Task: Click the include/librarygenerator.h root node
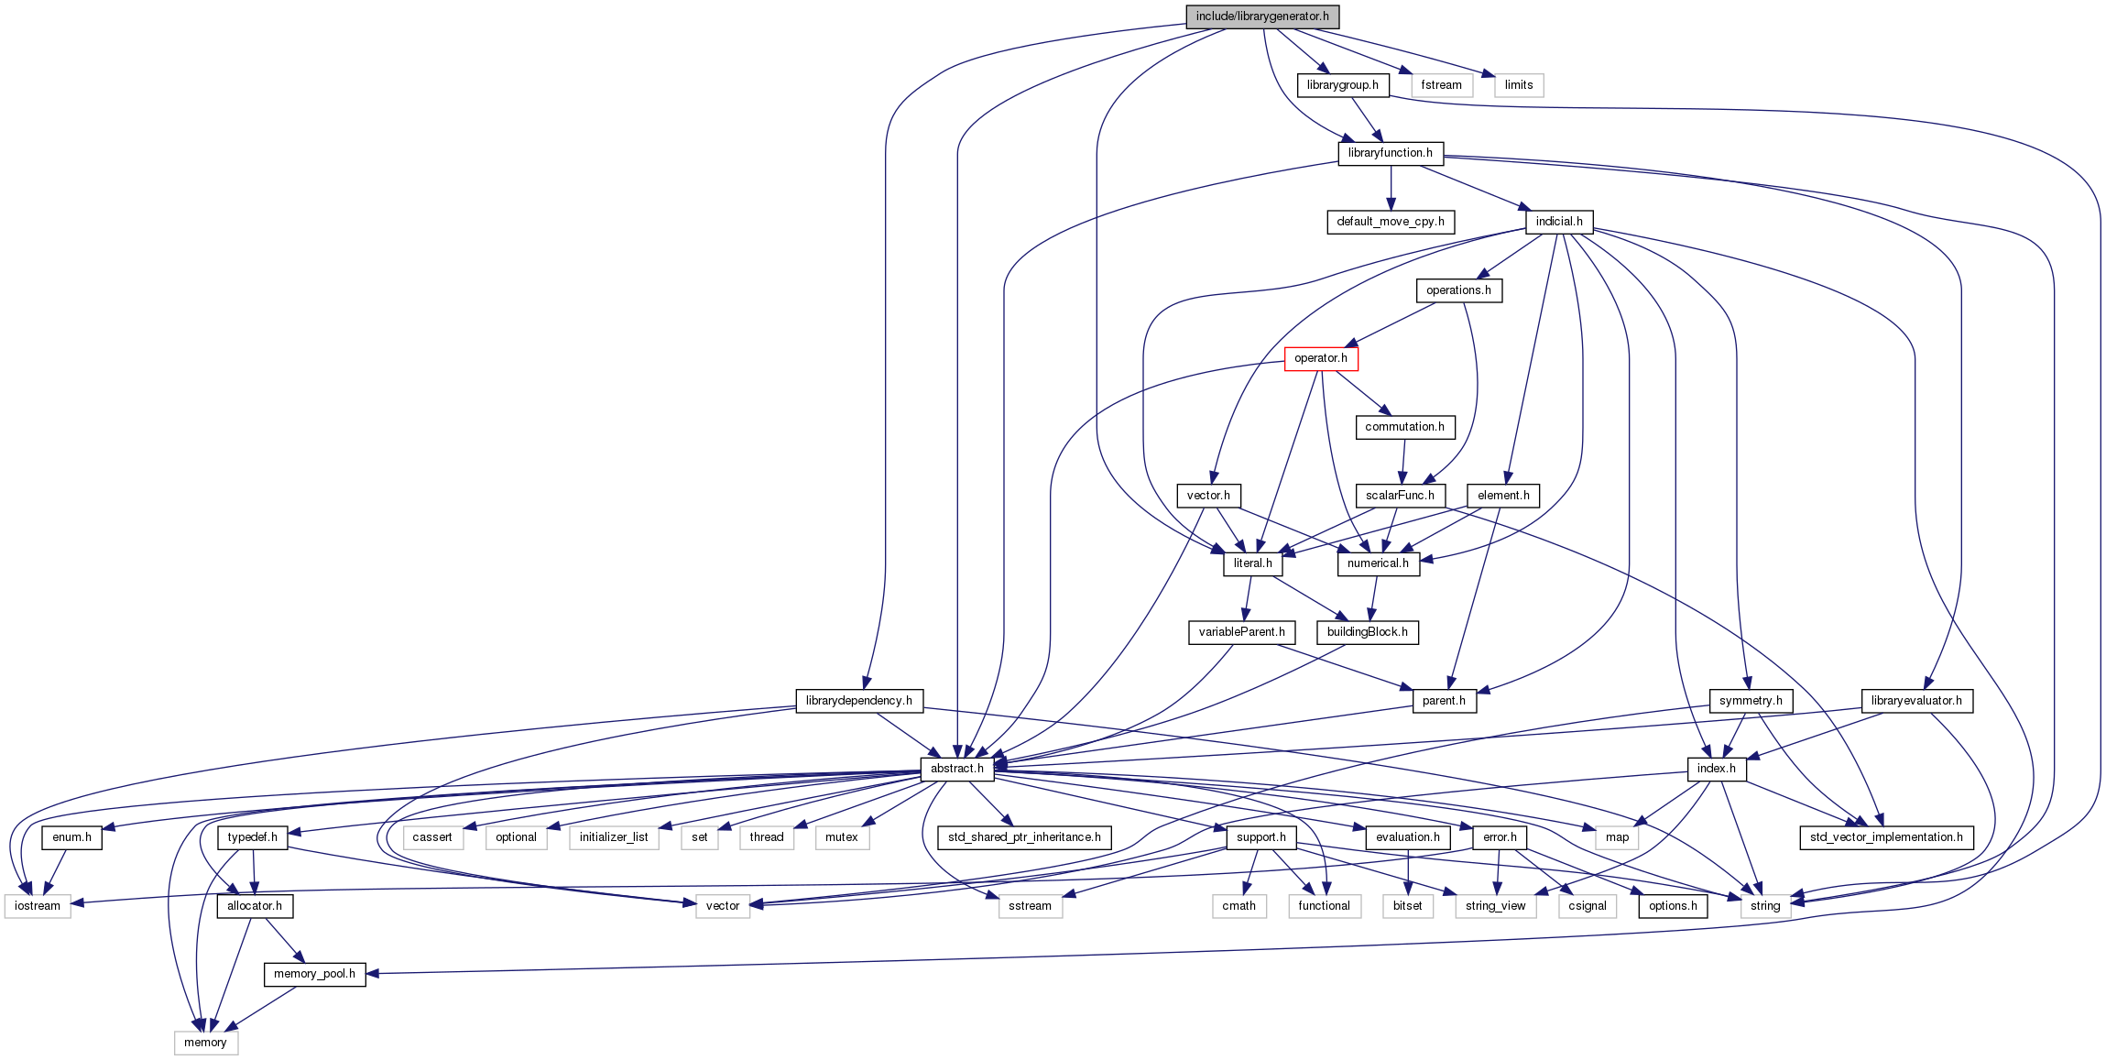click(x=1261, y=16)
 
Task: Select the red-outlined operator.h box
click(x=1320, y=358)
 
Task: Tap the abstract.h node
click(x=956, y=769)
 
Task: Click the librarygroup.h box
click(x=1342, y=85)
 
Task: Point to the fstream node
click(x=1441, y=85)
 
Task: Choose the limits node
click(x=1518, y=85)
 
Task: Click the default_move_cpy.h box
click(x=1390, y=222)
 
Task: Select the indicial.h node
click(x=1558, y=222)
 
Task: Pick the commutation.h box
click(x=1404, y=427)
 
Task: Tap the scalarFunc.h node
click(x=1400, y=496)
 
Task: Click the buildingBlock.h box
click(x=1367, y=632)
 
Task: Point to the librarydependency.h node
click(x=858, y=701)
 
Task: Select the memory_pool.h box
click(x=314, y=974)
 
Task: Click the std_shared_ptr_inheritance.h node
click(x=1024, y=837)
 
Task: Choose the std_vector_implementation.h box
click(x=1886, y=837)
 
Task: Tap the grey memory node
click(x=205, y=1043)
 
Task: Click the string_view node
click(x=1495, y=906)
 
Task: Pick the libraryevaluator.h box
click(x=1916, y=701)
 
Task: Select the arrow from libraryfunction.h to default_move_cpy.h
click(x=1391, y=188)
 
